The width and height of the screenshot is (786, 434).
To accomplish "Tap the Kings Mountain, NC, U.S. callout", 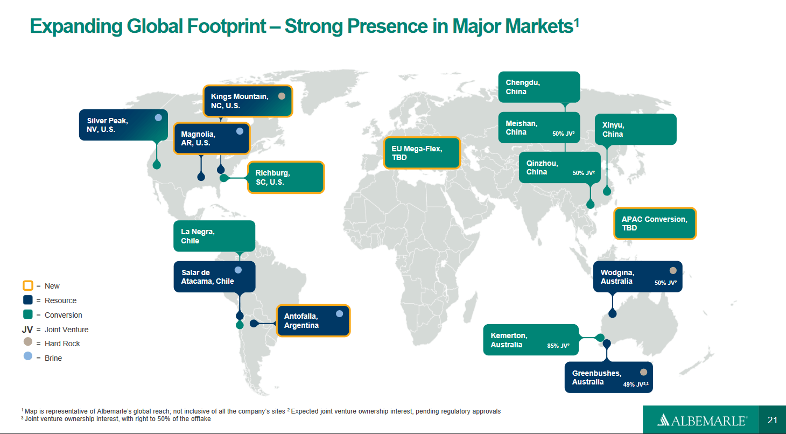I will tap(248, 101).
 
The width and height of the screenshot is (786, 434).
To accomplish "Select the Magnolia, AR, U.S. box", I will tap(212, 138).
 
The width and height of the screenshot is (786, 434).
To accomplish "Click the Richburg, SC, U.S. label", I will tap(286, 177).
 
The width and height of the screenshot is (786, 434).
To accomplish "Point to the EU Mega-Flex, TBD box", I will tap(422, 153).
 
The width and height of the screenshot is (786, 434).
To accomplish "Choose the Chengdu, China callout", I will tap(538, 87).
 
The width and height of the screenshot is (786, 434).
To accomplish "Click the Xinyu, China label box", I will tap(635, 129).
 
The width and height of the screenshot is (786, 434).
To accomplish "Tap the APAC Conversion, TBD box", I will tap(655, 223).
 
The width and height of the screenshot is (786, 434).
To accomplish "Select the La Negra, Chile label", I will tap(214, 236).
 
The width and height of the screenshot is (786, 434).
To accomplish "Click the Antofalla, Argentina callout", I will tap(313, 320).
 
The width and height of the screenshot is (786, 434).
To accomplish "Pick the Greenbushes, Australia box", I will tap(608, 377).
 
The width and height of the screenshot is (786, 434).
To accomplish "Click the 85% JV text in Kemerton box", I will tap(558, 346).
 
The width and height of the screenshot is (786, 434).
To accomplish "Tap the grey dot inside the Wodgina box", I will tap(672, 270).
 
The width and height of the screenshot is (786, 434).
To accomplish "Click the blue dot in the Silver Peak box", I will tap(158, 117).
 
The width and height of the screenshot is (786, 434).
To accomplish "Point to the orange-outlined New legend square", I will tap(28, 285).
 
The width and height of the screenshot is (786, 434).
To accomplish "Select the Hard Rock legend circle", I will tap(28, 342).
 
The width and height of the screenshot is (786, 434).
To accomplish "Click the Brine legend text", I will tap(53, 358).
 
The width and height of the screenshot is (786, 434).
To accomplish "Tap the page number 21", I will tap(773, 420).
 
